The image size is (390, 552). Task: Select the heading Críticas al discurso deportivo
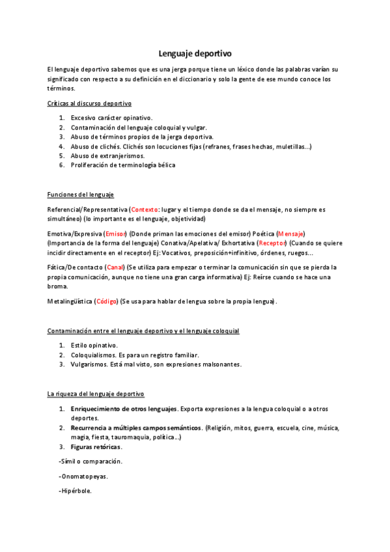[x=89, y=103]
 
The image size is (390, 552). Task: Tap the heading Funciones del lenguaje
[x=81, y=195]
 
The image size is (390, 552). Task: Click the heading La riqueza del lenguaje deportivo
[x=96, y=394]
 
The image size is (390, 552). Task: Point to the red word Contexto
[x=145, y=210]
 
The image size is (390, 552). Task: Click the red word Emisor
[x=115, y=233]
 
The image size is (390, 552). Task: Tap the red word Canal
[x=115, y=268]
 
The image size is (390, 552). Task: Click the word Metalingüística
[x=70, y=301]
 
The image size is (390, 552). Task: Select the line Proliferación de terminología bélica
[x=123, y=165]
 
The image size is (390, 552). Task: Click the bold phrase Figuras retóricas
[x=96, y=447]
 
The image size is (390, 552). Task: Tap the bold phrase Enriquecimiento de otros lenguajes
[x=124, y=409]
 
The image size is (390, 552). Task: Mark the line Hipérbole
[x=75, y=491]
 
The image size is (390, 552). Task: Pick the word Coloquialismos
[x=93, y=355]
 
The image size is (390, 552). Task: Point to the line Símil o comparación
[x=90, y=461]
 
